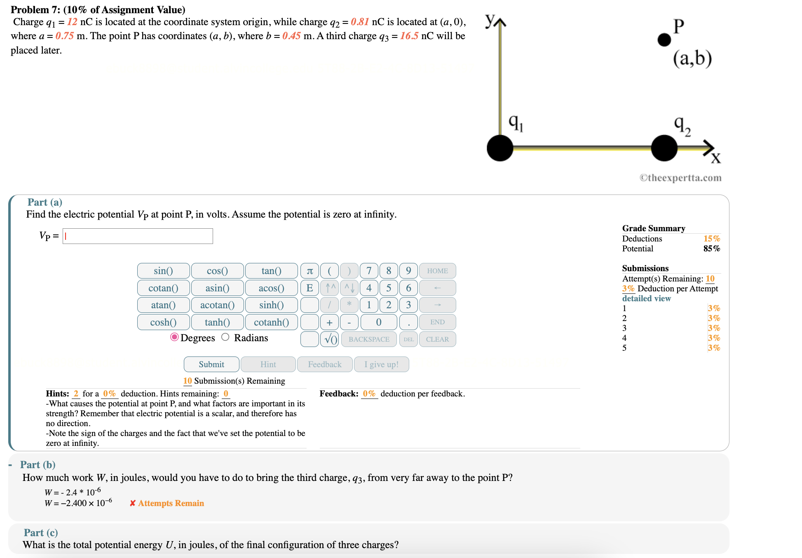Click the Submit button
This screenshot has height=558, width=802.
(x=211, y=364)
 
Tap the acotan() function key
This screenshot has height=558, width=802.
(x=217, y=305)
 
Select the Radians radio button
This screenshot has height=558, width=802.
(x=225, y=337)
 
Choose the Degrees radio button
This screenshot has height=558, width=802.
(x=174, y=337)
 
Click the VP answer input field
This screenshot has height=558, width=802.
(x=138, y=236)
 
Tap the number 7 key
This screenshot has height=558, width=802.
(x=369, y=271)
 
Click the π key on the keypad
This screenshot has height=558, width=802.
(x=310, y=271)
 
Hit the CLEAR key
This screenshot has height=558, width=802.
(x=437, y=339)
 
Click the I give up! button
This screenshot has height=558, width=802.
(x=381, y=364)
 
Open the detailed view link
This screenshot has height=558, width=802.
(x=646, y=298)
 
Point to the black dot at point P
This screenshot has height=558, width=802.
(x=664, y=40)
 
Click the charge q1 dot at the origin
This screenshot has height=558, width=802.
(x=500, y=148)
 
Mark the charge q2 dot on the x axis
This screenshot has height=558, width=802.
(x=664, y=148)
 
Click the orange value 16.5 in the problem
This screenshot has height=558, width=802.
(x=409, y=36)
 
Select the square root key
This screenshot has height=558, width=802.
(x=330, y=339)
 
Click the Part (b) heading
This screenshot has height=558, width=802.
(x=38, y=464)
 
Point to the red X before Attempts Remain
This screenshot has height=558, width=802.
(x=133, y=503)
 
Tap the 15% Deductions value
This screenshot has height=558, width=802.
(x=711, y=239)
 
